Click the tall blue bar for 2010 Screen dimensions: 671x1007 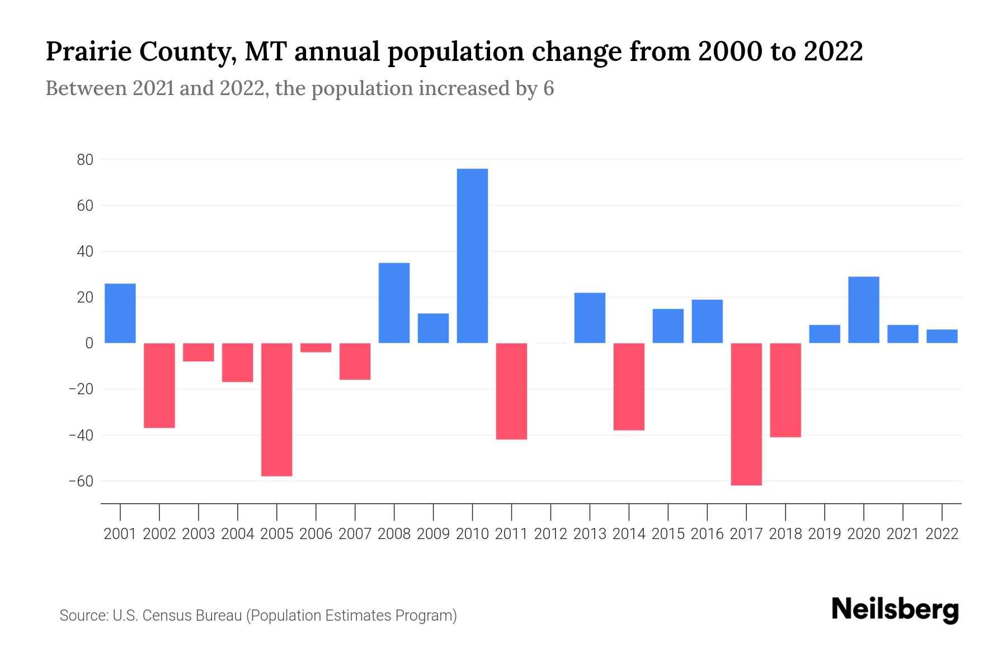[x=472, y=256]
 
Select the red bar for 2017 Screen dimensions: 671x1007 [x=746, y=414]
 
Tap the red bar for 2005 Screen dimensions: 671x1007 [x=277, y=409]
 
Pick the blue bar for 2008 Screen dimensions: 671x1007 [x=394, y=303]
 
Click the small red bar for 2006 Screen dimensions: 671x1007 [x=316, y=348]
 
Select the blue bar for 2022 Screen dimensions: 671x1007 [x=942, y=336]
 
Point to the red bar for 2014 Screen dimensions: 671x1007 [x=629, y=386]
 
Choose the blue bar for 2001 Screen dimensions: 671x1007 [x=120, y=313]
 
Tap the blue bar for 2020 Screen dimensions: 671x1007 [x=864, y=310]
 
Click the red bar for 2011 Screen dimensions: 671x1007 [x=511, y=391]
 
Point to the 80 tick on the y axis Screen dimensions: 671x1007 [x=85, y=160]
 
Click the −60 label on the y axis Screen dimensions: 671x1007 [x=81, y=481]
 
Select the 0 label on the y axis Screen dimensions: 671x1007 [x=89, y=343]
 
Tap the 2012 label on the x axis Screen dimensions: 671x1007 [x=550, y=534]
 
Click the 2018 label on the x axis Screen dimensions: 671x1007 [x=785, y=534]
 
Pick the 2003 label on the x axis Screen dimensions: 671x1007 [x=199, y=534]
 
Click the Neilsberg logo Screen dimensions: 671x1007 [x=895, y=609]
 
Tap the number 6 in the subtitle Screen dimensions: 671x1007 [x=548, y=88]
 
